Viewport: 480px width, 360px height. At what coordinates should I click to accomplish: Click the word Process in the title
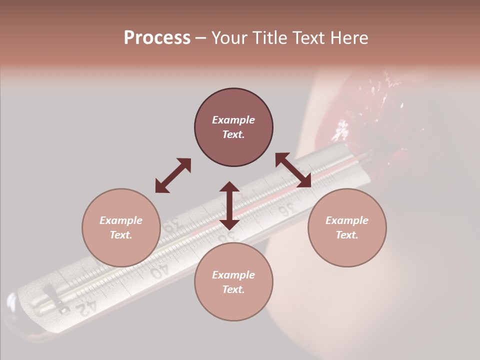[157, 38]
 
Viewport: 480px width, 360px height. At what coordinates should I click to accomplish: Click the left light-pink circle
[121, 227]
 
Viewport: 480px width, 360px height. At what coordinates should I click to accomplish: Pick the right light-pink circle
[347, 227]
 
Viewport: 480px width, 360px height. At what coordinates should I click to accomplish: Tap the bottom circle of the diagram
[233, 281]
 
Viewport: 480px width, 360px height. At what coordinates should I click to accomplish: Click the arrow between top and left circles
[173, 175]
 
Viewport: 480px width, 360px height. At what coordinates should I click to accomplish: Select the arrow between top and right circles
[293, 170]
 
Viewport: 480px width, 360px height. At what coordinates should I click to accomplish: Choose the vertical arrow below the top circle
[229, 205]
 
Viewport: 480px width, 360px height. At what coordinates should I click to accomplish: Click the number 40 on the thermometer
[159, 270]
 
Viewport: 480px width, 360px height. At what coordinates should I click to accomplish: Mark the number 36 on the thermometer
[285, 210]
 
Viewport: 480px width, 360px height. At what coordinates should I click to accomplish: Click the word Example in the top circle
[233, 120]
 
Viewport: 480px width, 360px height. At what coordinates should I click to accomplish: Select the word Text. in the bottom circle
[233, 289]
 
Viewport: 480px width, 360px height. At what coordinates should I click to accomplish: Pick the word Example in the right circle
[347, 220]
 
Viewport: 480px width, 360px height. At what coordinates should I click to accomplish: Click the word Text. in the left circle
[121, 235]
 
